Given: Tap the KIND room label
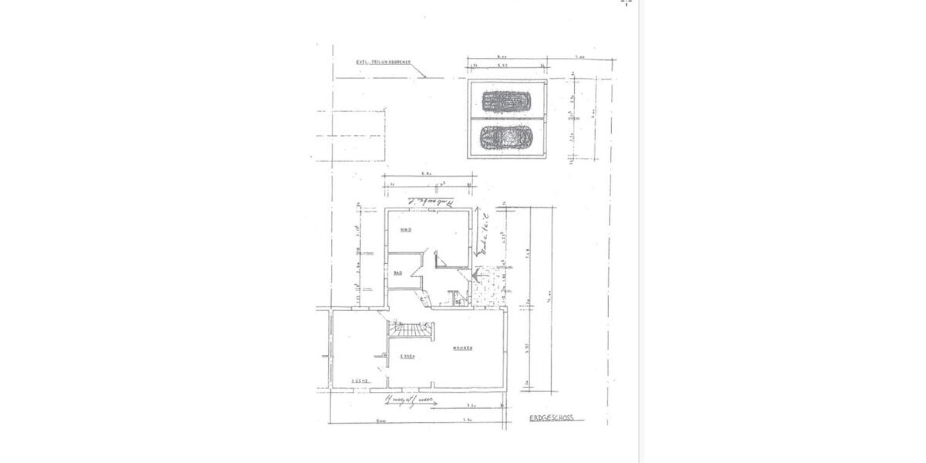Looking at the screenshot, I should tap(404, 230).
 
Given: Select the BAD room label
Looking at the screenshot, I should tap(397, 273).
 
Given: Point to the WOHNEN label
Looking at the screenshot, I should tap(462, 349).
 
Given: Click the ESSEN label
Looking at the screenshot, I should tap(408, 356).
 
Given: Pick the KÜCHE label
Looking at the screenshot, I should tap(358, 381).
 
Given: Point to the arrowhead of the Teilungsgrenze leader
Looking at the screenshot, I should tap(425, 77).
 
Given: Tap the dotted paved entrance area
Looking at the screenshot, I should tap(485, 290).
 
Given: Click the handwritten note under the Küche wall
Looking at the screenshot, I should tap(408, 400).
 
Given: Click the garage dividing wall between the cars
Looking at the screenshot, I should tap(507, 120).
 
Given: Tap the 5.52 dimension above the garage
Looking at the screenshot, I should tap(502, 66).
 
